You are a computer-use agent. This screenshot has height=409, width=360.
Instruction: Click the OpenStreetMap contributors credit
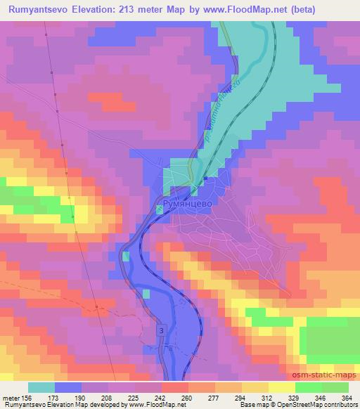(x=314, y=405)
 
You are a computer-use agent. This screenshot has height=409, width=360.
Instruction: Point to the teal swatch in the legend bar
(x=41, y=387)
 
